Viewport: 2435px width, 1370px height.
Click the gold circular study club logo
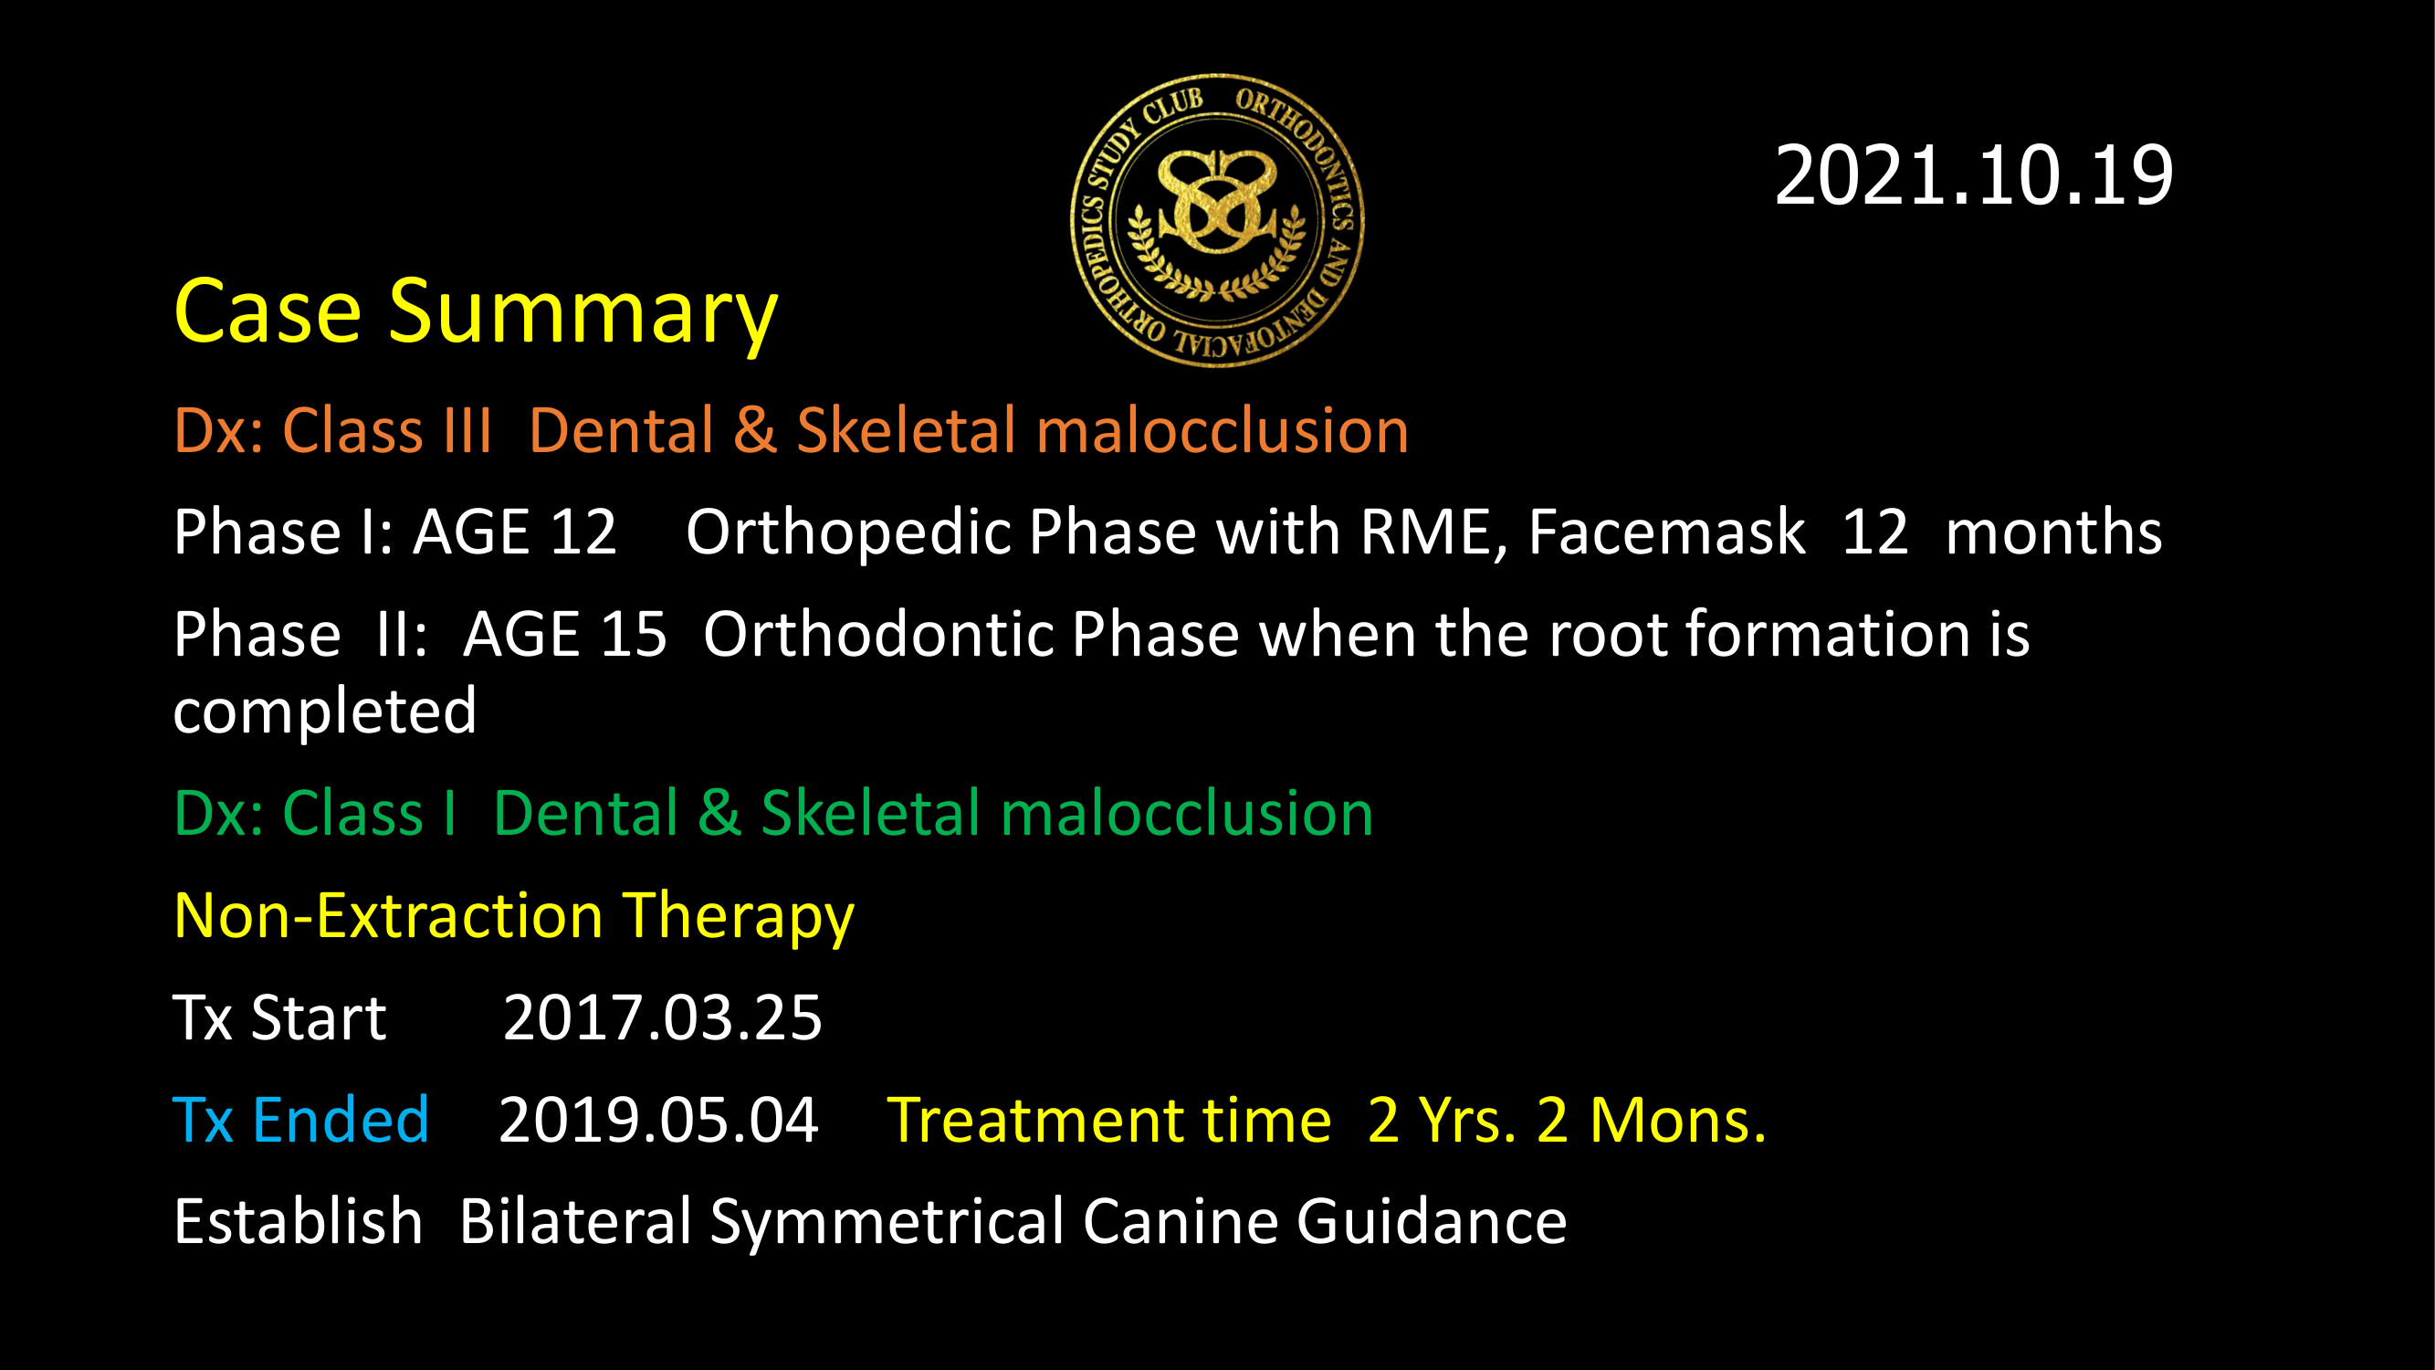(1218, 219)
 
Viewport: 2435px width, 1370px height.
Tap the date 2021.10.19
(1974, 176)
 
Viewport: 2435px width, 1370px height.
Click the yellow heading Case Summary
(476, 313)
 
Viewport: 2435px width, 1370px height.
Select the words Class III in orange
(387, 431)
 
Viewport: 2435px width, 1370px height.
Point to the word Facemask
(1666, 532)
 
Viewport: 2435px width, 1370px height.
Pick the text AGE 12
(515, 532)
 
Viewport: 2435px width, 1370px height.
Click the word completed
(325, 712)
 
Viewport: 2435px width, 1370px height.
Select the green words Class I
(370, 813)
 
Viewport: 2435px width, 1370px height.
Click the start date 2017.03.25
(663, 1018)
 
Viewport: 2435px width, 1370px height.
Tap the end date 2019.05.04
(658, 1121)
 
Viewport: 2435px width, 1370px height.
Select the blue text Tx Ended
(301, 1121)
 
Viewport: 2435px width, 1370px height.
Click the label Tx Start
(279, 1018)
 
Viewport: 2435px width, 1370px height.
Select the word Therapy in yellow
(739, 918)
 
